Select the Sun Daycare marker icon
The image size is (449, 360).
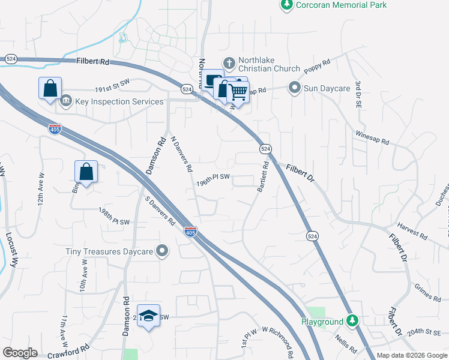[x=294, y=88]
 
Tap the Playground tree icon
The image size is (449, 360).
[x=354, y=322]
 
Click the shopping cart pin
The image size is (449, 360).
[x=238, y=92]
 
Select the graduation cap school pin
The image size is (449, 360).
[x=148, y=316]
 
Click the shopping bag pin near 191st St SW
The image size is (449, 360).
[x=50, y=89]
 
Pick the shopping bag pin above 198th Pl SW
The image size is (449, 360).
[x=86, y=172]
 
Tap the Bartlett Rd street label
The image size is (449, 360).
[x=262, y=177]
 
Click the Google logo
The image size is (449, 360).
[x=20, y=353]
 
